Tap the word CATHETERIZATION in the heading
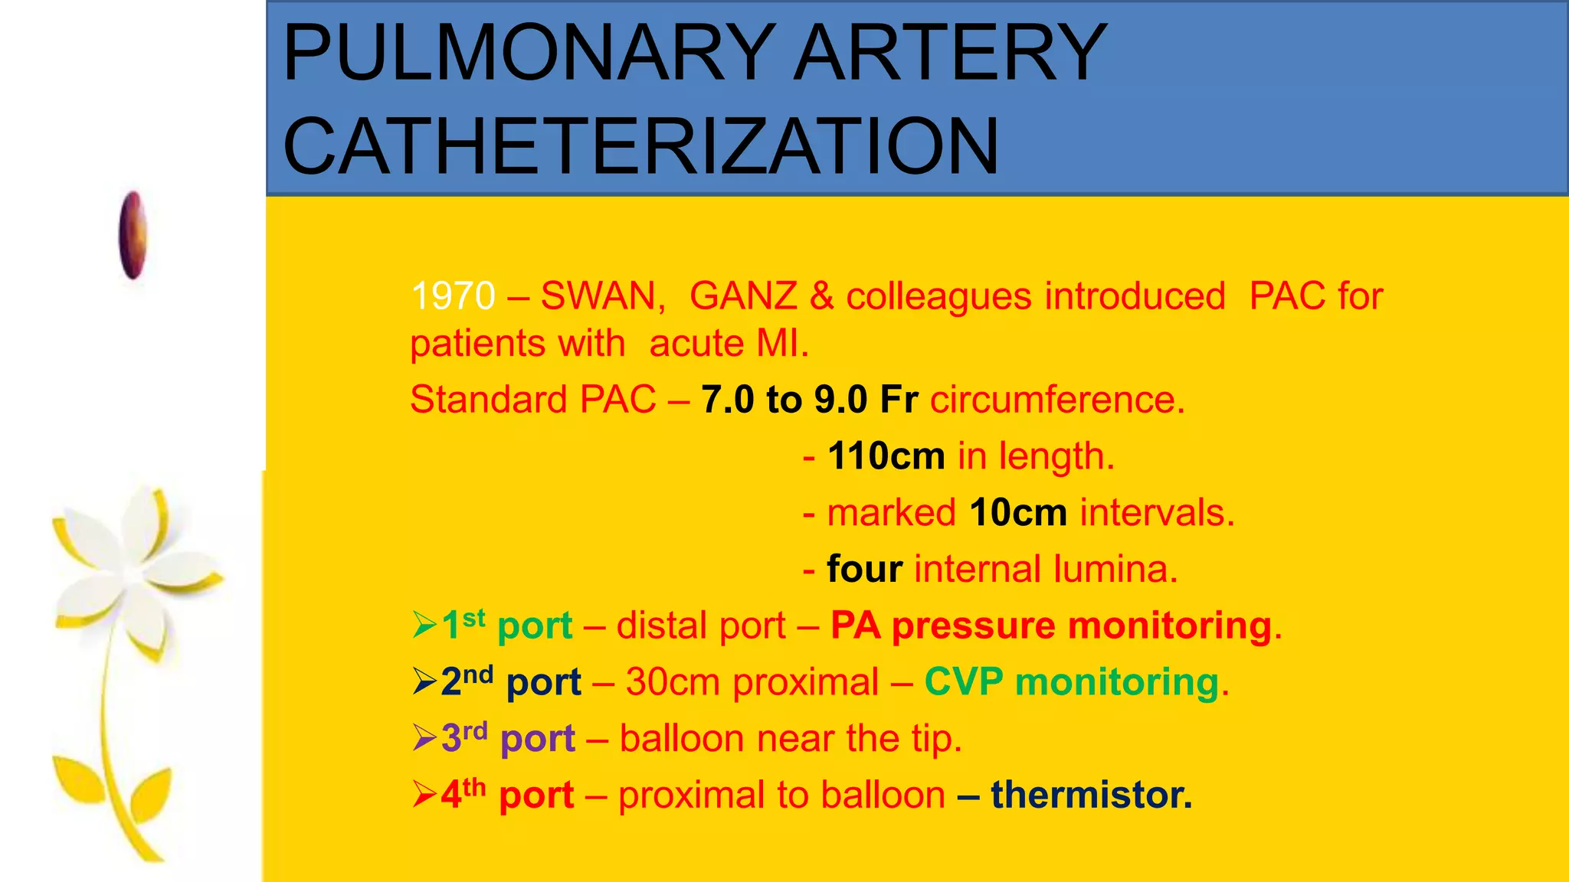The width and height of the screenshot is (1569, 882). point(640,145)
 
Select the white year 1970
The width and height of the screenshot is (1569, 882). point(453,296)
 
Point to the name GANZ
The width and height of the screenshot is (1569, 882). point(743,296)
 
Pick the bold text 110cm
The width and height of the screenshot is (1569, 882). point(886,456)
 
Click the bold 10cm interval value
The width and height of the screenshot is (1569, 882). point(1017,512)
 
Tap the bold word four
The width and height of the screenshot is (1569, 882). point(864,569)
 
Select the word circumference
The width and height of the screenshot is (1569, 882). point(1057,400)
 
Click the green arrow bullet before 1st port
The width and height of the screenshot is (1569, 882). point(424,625)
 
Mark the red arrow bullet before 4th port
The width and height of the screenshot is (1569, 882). point(424,794)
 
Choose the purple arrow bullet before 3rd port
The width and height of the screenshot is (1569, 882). point(424,738)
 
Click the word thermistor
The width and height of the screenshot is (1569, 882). point(1091,794)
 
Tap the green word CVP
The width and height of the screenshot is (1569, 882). point(963,681)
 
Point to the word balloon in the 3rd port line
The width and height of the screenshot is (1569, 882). point(682,738)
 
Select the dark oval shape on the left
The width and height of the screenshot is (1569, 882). point(133,234)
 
